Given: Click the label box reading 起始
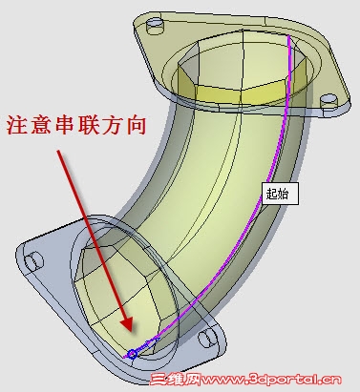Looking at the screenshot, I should coord(280,194).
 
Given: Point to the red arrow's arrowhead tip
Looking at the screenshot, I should coord(124,333).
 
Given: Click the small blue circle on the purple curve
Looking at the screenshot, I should coord(133,354).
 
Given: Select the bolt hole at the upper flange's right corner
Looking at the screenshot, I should coord(329,99).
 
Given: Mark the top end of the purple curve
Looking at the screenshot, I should coord(289,38).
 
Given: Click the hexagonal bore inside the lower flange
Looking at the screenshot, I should coord(115,286).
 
